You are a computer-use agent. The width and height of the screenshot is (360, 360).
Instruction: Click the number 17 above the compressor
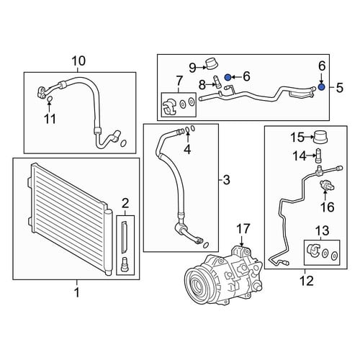pyautogui.click(x=243, y=229)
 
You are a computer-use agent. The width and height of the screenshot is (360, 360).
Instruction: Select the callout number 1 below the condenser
pyautogui.click(x=77, y=292)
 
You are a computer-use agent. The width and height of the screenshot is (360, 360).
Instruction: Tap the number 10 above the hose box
pyautogui.click(x=78, y=61)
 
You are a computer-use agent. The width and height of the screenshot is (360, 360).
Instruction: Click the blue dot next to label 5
pyautogui.click(x=321, y=87)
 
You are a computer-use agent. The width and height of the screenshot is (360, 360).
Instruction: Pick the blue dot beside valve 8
pyautogui.click(x=228, y=77)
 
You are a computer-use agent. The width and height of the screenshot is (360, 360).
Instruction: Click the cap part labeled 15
pyautogui.click(x=320, y=137)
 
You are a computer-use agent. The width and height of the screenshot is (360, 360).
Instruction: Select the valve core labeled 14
pyautogui.click(x=319, y=156)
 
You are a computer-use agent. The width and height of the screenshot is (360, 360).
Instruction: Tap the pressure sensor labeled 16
pyautogui.click(x=327, y=186)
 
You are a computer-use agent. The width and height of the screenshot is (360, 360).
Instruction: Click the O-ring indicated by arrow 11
pyautogui.click(x=50, y=99)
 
